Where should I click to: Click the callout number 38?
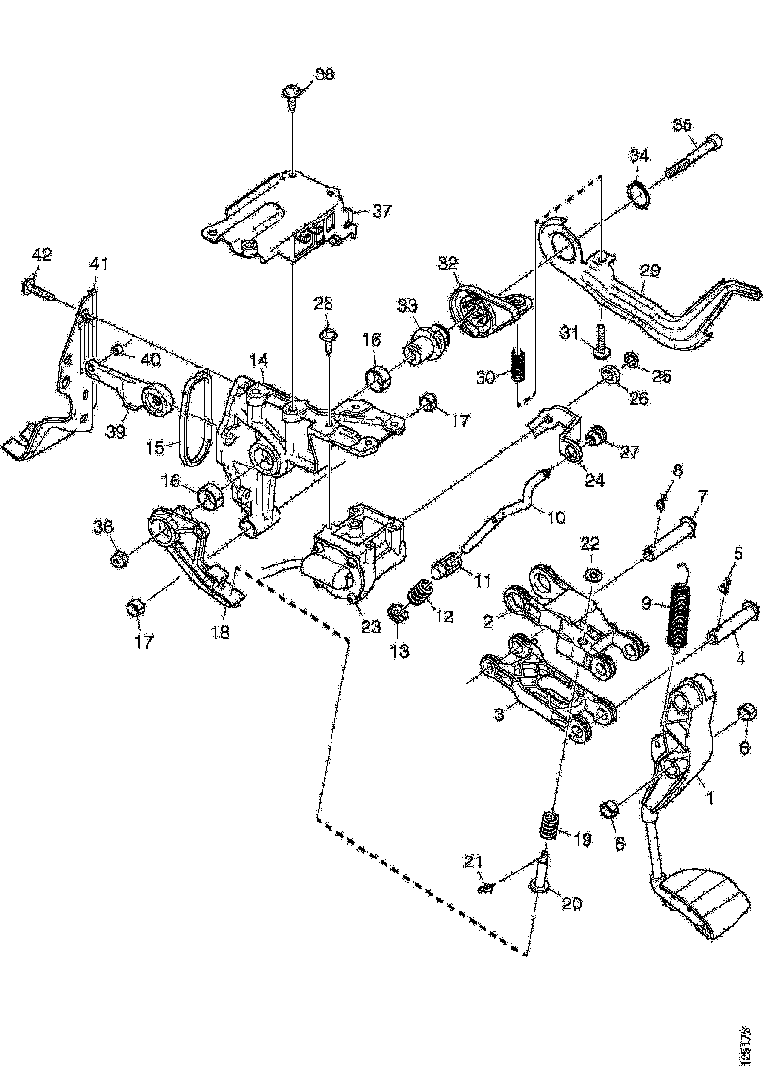pos(324,74)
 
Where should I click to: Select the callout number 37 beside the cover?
pos(381,210)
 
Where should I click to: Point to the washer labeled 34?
pos(638,195)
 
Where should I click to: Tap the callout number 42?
pos(41,255)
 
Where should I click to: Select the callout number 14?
pos(258,361)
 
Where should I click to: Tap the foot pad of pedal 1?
pos(702,903)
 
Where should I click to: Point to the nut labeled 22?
pos(592,574)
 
